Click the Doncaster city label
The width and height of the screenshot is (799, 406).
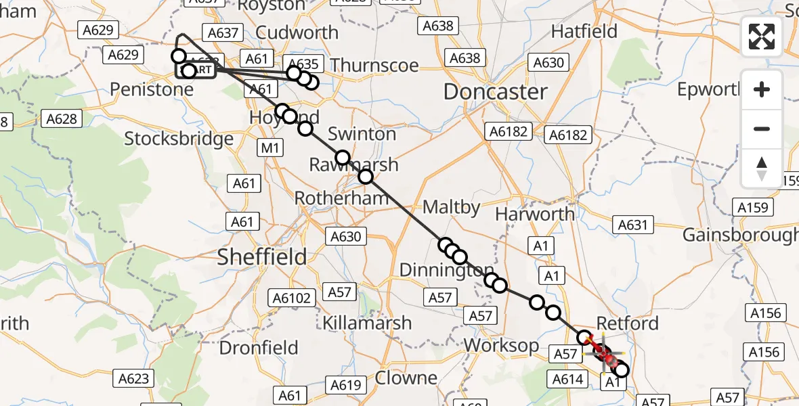[x=495, y=92]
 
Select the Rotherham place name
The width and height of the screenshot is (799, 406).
[x=341, y=198]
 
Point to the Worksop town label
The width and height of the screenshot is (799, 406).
[x=501, y=345]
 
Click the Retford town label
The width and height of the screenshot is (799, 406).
[x=628, y=323]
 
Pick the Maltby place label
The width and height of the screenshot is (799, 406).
[x=451, y=206]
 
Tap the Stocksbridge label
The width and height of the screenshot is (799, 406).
[x=179, y=139]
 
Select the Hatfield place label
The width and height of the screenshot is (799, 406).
[x=584, y=31]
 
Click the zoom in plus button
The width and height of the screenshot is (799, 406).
[x=762, y=89]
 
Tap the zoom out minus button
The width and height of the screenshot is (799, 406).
[x=762, y=129]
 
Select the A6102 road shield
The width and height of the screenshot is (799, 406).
[x=291, y=298]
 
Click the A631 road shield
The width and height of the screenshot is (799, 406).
[x=633, y=225]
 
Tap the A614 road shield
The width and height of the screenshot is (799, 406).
[x=568, y=379]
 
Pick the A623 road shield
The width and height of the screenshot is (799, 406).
[x=133, y=378]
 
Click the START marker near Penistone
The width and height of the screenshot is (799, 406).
[x=196, y=70]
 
